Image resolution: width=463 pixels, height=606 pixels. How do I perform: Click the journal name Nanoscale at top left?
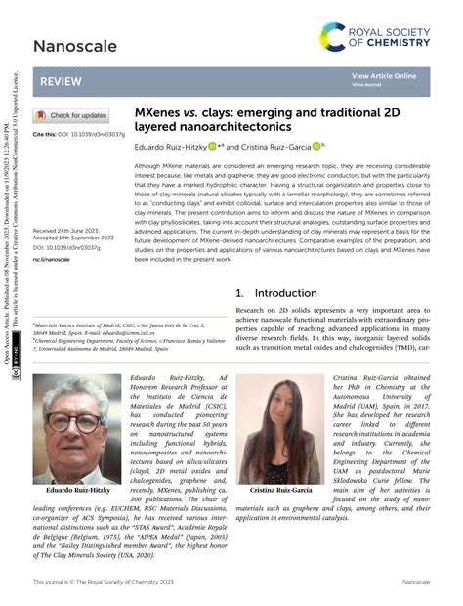(69, 45)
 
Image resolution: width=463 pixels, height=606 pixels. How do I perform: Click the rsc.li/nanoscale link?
(52, 260)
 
